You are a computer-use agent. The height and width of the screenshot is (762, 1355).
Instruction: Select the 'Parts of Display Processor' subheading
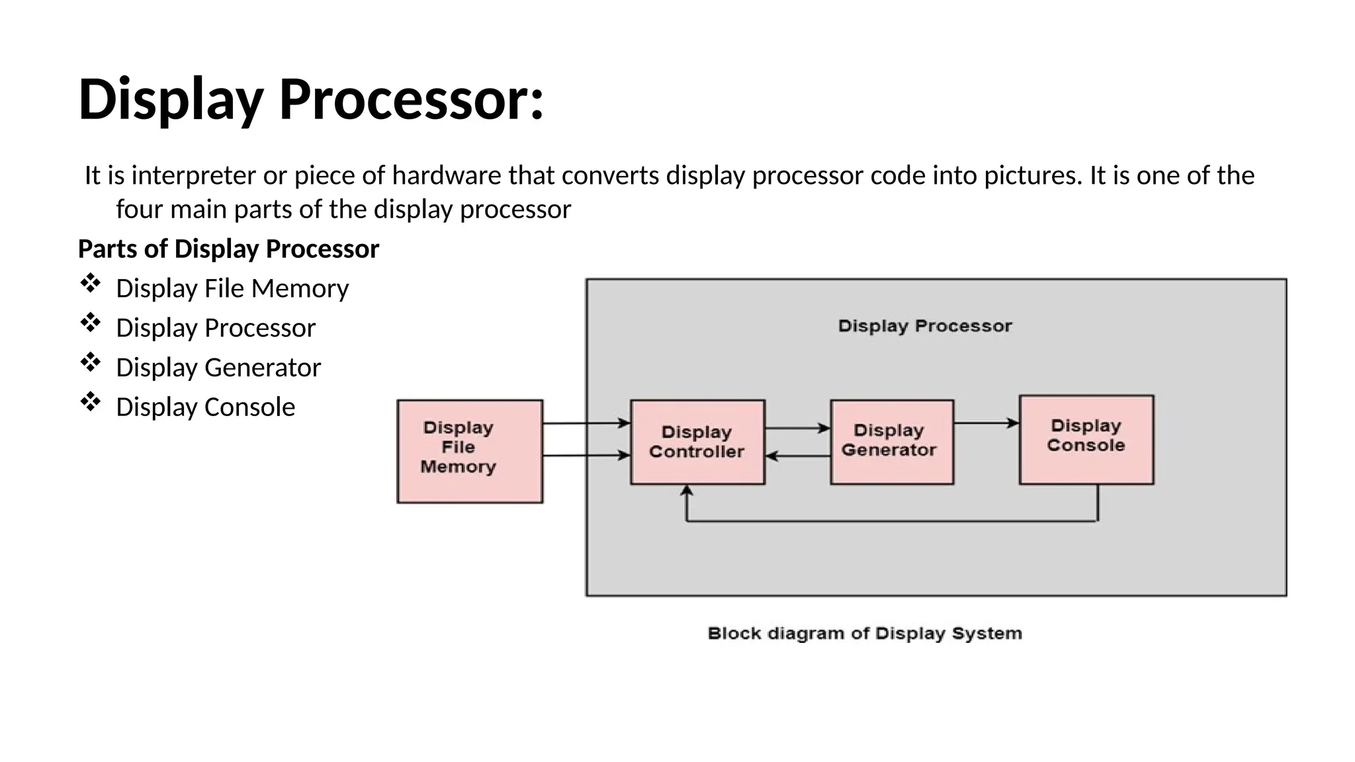click(228, 249)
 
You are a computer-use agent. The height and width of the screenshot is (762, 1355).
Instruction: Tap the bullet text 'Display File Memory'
click(232, 288)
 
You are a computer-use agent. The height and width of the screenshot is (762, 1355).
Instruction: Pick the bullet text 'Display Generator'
click(218, 367)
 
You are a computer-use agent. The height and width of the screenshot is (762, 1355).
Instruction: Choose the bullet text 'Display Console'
click(205, 407)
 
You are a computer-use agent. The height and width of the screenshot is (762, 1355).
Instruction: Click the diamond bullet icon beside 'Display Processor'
click(90, 323)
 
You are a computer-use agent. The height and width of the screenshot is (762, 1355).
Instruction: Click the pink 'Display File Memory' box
click(470, 451)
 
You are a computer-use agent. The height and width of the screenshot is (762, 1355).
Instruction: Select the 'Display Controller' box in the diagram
click(697, 442)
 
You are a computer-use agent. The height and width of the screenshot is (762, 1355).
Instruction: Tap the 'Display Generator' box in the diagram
click(891, 442)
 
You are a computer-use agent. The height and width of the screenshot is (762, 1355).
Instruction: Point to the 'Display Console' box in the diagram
click(1086, 439)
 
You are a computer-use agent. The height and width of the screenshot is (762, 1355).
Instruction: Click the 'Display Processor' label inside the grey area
click(924, 326)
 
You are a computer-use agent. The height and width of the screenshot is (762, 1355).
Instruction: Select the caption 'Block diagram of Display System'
click(864, 634)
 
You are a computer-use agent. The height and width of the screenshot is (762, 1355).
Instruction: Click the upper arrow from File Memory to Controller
click(586, 423)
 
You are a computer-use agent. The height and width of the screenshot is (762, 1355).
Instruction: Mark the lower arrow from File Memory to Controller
click(586, 455)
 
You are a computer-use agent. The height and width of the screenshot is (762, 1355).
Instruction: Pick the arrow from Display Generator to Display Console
click(986, 423)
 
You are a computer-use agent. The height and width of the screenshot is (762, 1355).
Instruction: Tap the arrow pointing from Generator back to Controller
click(797, 456)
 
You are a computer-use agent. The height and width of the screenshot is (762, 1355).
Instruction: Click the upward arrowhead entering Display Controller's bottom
click(687, 491)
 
